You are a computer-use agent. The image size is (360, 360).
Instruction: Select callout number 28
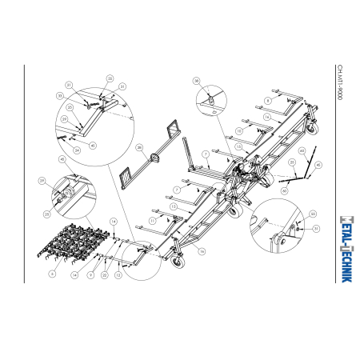click(x=139, y=147)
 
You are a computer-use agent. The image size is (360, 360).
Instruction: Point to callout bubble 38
click(x=195, y=81)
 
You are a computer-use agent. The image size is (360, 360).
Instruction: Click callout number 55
click(x=110, y=78)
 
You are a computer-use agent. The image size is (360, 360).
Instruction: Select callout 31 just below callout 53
click(x=316, y=228)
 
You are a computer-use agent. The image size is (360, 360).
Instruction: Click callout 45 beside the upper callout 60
click(x=318, y=165)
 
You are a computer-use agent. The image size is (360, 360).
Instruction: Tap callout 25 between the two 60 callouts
click(x=293, y=162)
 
